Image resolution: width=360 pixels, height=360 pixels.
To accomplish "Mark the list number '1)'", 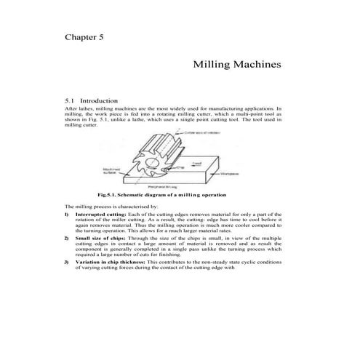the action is (67, 216).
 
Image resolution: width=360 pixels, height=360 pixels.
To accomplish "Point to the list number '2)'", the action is (67, 238).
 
